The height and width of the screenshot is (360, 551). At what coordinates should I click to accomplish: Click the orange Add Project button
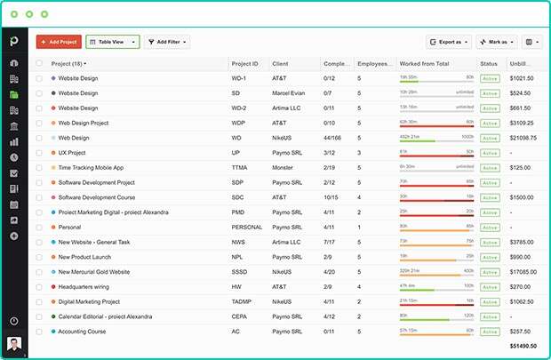click(59, 42)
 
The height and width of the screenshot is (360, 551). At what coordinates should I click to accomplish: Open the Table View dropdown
click(113, 42)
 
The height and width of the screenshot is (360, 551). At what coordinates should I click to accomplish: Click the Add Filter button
click(167, 42)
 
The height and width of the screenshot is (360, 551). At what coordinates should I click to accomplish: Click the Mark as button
click(496, 42)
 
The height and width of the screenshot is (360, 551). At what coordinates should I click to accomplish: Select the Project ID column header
click(245, 64)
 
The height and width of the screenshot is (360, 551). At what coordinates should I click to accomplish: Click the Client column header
click(281, 64)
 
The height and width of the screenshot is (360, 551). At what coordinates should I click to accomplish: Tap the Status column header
click(489, 64)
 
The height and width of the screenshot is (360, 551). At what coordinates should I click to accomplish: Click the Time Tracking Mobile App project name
click(91, 167)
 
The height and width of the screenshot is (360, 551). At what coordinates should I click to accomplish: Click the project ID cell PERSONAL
click(247, 227)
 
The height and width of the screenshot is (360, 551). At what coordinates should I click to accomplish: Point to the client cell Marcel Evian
click(290, 92)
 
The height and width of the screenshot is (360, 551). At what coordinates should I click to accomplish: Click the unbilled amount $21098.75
click(523, 138)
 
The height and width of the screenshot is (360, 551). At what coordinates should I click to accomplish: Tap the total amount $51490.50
click(523, 345)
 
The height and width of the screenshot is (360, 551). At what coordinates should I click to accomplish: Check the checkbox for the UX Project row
click(39, 153)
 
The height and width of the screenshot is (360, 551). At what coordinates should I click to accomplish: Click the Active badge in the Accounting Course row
click(489, 331)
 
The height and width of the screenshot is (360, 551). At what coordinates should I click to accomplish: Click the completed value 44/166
click(332, 138)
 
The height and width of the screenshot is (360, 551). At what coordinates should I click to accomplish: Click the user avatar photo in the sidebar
click(13, 344)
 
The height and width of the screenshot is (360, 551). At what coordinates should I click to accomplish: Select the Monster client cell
click(283, 167)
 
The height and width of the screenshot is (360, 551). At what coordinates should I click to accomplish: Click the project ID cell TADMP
click(243, 301)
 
